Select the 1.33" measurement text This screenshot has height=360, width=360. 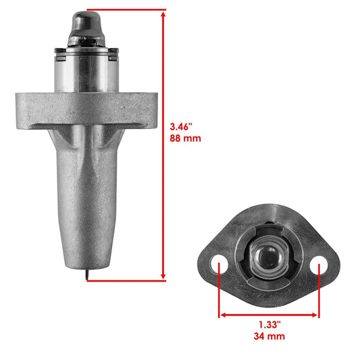(x=269, y=325)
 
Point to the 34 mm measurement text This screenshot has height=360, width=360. (x=269, y=337)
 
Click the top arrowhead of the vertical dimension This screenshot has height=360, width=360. (x=163, y=13)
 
